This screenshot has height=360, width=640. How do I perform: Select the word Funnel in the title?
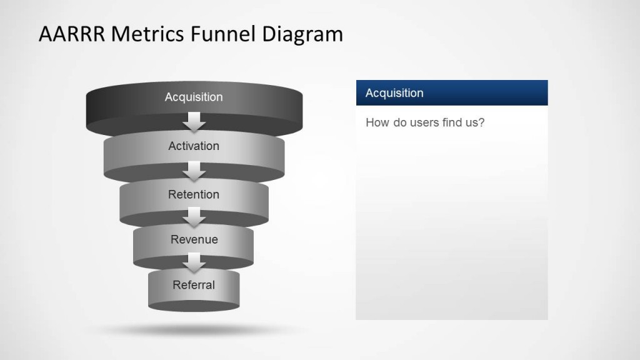(217, 34)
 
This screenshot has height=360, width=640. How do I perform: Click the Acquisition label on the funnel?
(194, 97)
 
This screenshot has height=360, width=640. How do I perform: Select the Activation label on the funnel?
(194, 146)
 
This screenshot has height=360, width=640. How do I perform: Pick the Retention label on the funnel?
(194, 194)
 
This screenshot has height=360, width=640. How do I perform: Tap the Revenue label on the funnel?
(194, 239)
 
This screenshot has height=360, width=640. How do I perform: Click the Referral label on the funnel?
(194, 285)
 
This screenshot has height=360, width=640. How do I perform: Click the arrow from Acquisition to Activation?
(194, 122)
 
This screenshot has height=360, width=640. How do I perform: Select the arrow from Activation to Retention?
(194, 171)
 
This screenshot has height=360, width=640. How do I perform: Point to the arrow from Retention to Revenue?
(194, 217)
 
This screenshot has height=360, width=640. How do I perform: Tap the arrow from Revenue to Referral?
(194, 262)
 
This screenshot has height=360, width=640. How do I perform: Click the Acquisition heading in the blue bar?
(394, 93)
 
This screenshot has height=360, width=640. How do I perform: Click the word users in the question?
(425, 122)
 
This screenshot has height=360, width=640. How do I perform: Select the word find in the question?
(453, 122)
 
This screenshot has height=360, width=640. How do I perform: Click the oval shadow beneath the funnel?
(194, 329)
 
